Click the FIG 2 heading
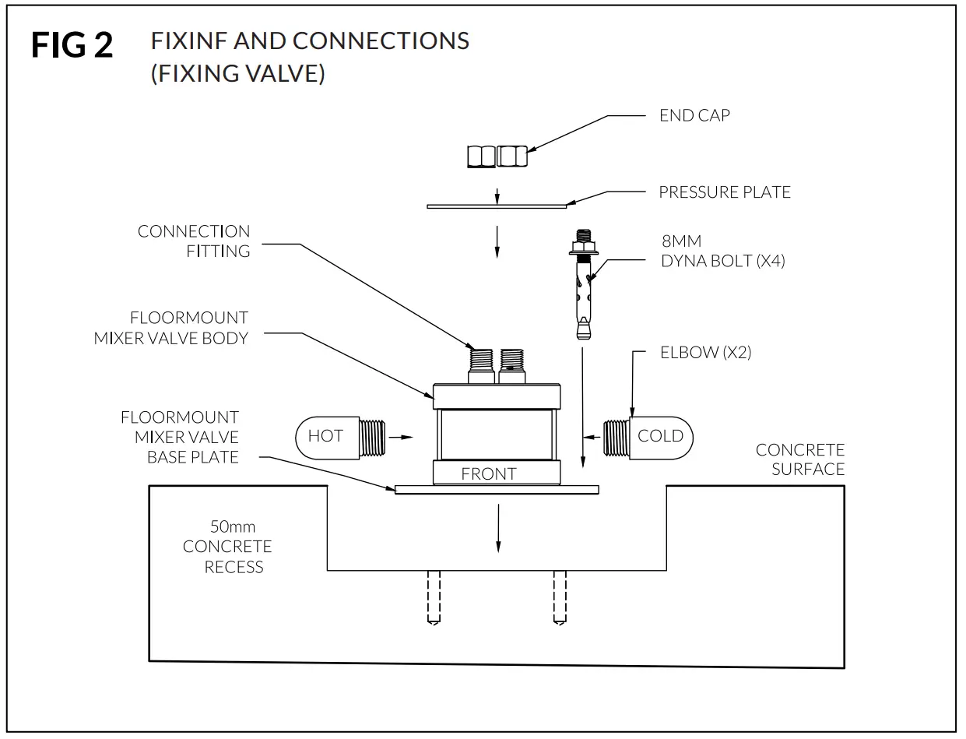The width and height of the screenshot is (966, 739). pos(72,46)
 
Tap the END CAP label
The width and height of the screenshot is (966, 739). pos(694,115)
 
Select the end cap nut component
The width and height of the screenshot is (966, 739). pos(497,157)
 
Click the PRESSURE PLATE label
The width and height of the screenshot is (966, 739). pos(724,192)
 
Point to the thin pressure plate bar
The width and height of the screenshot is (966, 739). pos(497,206)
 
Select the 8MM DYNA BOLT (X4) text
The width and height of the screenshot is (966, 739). pos(722,252)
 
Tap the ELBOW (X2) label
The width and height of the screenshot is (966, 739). pos(705,352)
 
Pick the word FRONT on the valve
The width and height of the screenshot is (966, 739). pos(489,473)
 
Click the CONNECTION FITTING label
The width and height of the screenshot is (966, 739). pos(194,241)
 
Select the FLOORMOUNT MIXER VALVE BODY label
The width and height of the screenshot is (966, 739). pos(170,328)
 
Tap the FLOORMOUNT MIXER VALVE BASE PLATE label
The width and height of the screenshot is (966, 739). pos(179,437)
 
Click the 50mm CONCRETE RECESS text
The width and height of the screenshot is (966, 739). pos(228,547)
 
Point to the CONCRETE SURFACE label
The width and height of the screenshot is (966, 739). pos(799,459)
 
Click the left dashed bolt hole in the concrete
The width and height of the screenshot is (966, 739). pos(434,596)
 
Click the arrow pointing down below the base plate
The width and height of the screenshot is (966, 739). pos(497,530)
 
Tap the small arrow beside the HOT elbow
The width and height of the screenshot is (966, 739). pos(401,438)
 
